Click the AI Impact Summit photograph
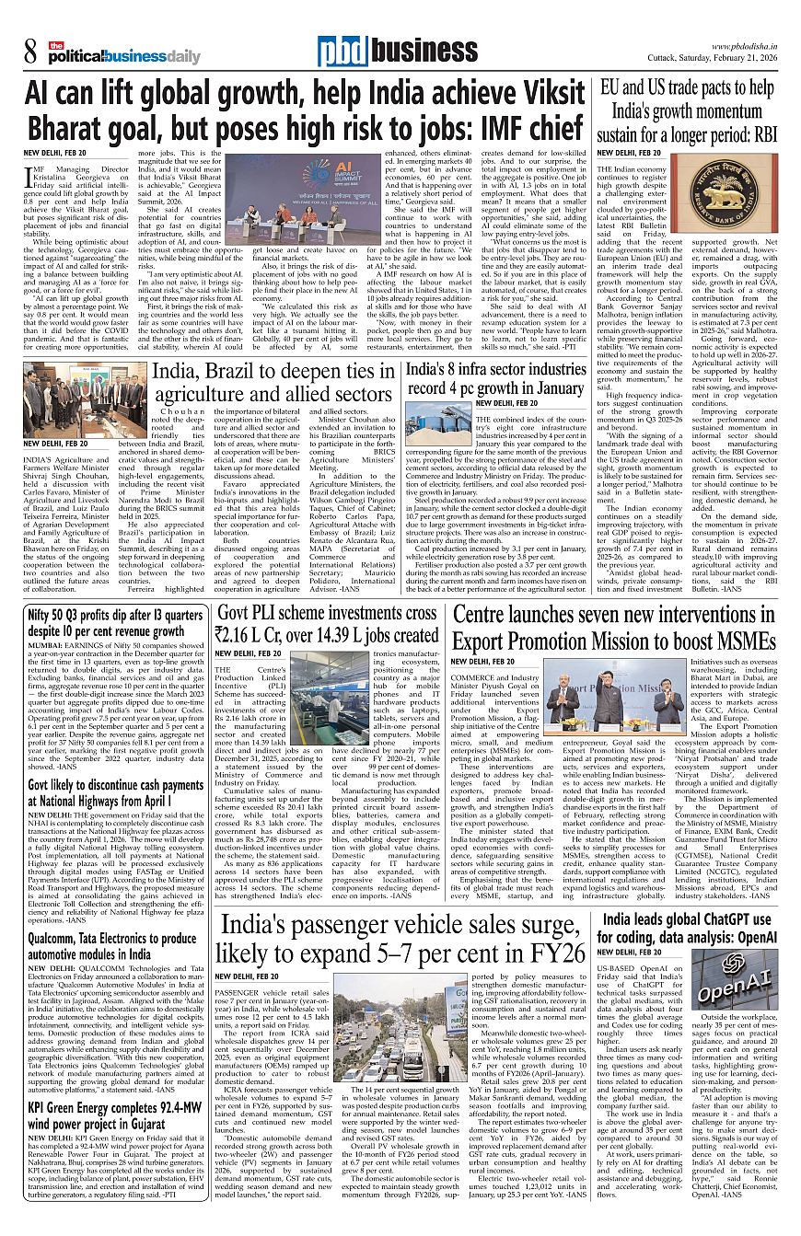(295, 203)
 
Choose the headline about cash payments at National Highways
(115, 793)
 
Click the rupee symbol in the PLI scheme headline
(224, 634)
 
